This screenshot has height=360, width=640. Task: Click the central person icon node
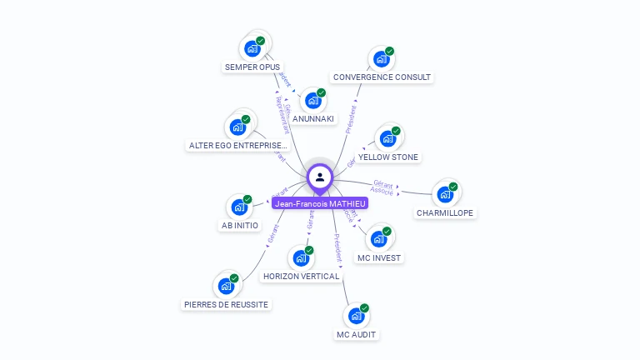click(x=320, y=177)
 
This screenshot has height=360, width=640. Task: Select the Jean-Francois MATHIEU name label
click(x=320, y=202)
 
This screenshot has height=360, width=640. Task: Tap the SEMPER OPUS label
click(x=252, y=67)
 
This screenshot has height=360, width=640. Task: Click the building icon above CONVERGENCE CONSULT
click(x=381, y=59)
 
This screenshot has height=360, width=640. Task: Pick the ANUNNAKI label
click(x=313, y=118)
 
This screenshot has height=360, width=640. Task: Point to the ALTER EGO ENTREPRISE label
click(x=237, y=145)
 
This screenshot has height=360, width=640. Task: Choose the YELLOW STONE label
click(x=388, y=157)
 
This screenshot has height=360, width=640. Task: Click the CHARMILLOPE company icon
click(x=445, y=195)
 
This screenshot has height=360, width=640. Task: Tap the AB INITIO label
click(x=240, y=225)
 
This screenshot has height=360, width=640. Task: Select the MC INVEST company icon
click(x=378, y=239)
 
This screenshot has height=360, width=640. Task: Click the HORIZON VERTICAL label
click(x=301, y=276)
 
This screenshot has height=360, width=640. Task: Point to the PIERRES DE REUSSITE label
click(x=226, y=304)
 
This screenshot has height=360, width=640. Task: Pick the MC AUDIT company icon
click(x=356, y=317)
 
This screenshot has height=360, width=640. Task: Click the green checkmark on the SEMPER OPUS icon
click(x=261, y=40)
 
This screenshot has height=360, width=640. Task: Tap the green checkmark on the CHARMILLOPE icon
click(x=453, y=187)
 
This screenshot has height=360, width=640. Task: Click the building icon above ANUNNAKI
click(x=312, y=101)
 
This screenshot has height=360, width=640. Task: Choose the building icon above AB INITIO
click(x=239, y=207)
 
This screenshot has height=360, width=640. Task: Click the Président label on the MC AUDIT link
click(x=337, y=248)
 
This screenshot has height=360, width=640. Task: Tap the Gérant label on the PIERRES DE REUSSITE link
click(x=271, y=234)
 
